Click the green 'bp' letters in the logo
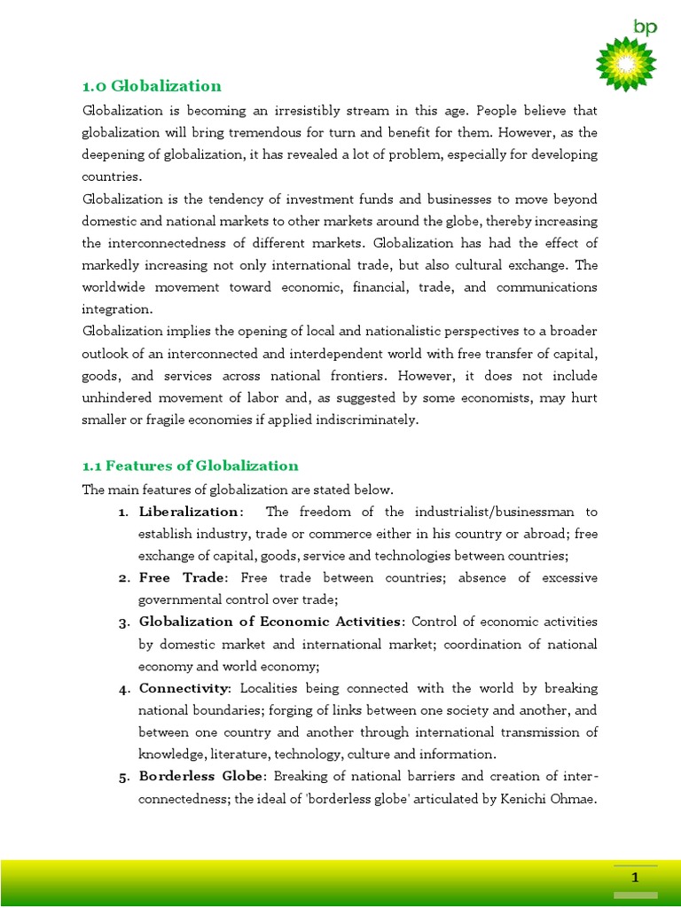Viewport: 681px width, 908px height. pyautogui.click(x=645, y=27)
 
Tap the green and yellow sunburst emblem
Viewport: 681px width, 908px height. pyautogui.click(x=625, y=64)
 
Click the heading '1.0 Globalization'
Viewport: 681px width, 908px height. pyautogui.click(x=152, y=86)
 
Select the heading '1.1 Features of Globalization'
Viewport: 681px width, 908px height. pyautogui.click(x=190, y=466)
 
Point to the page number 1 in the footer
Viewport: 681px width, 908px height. pyautogui.click(x=635, y=878)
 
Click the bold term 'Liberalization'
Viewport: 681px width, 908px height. pyautogui.click(x=188, y=512)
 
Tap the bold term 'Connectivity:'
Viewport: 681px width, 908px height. pyautogui.click(x=184, y=688)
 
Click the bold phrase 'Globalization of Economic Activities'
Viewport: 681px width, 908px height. pyautogui.click(x=270, y=622)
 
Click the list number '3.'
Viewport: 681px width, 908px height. pyautogui.click(x=123, y=622)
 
